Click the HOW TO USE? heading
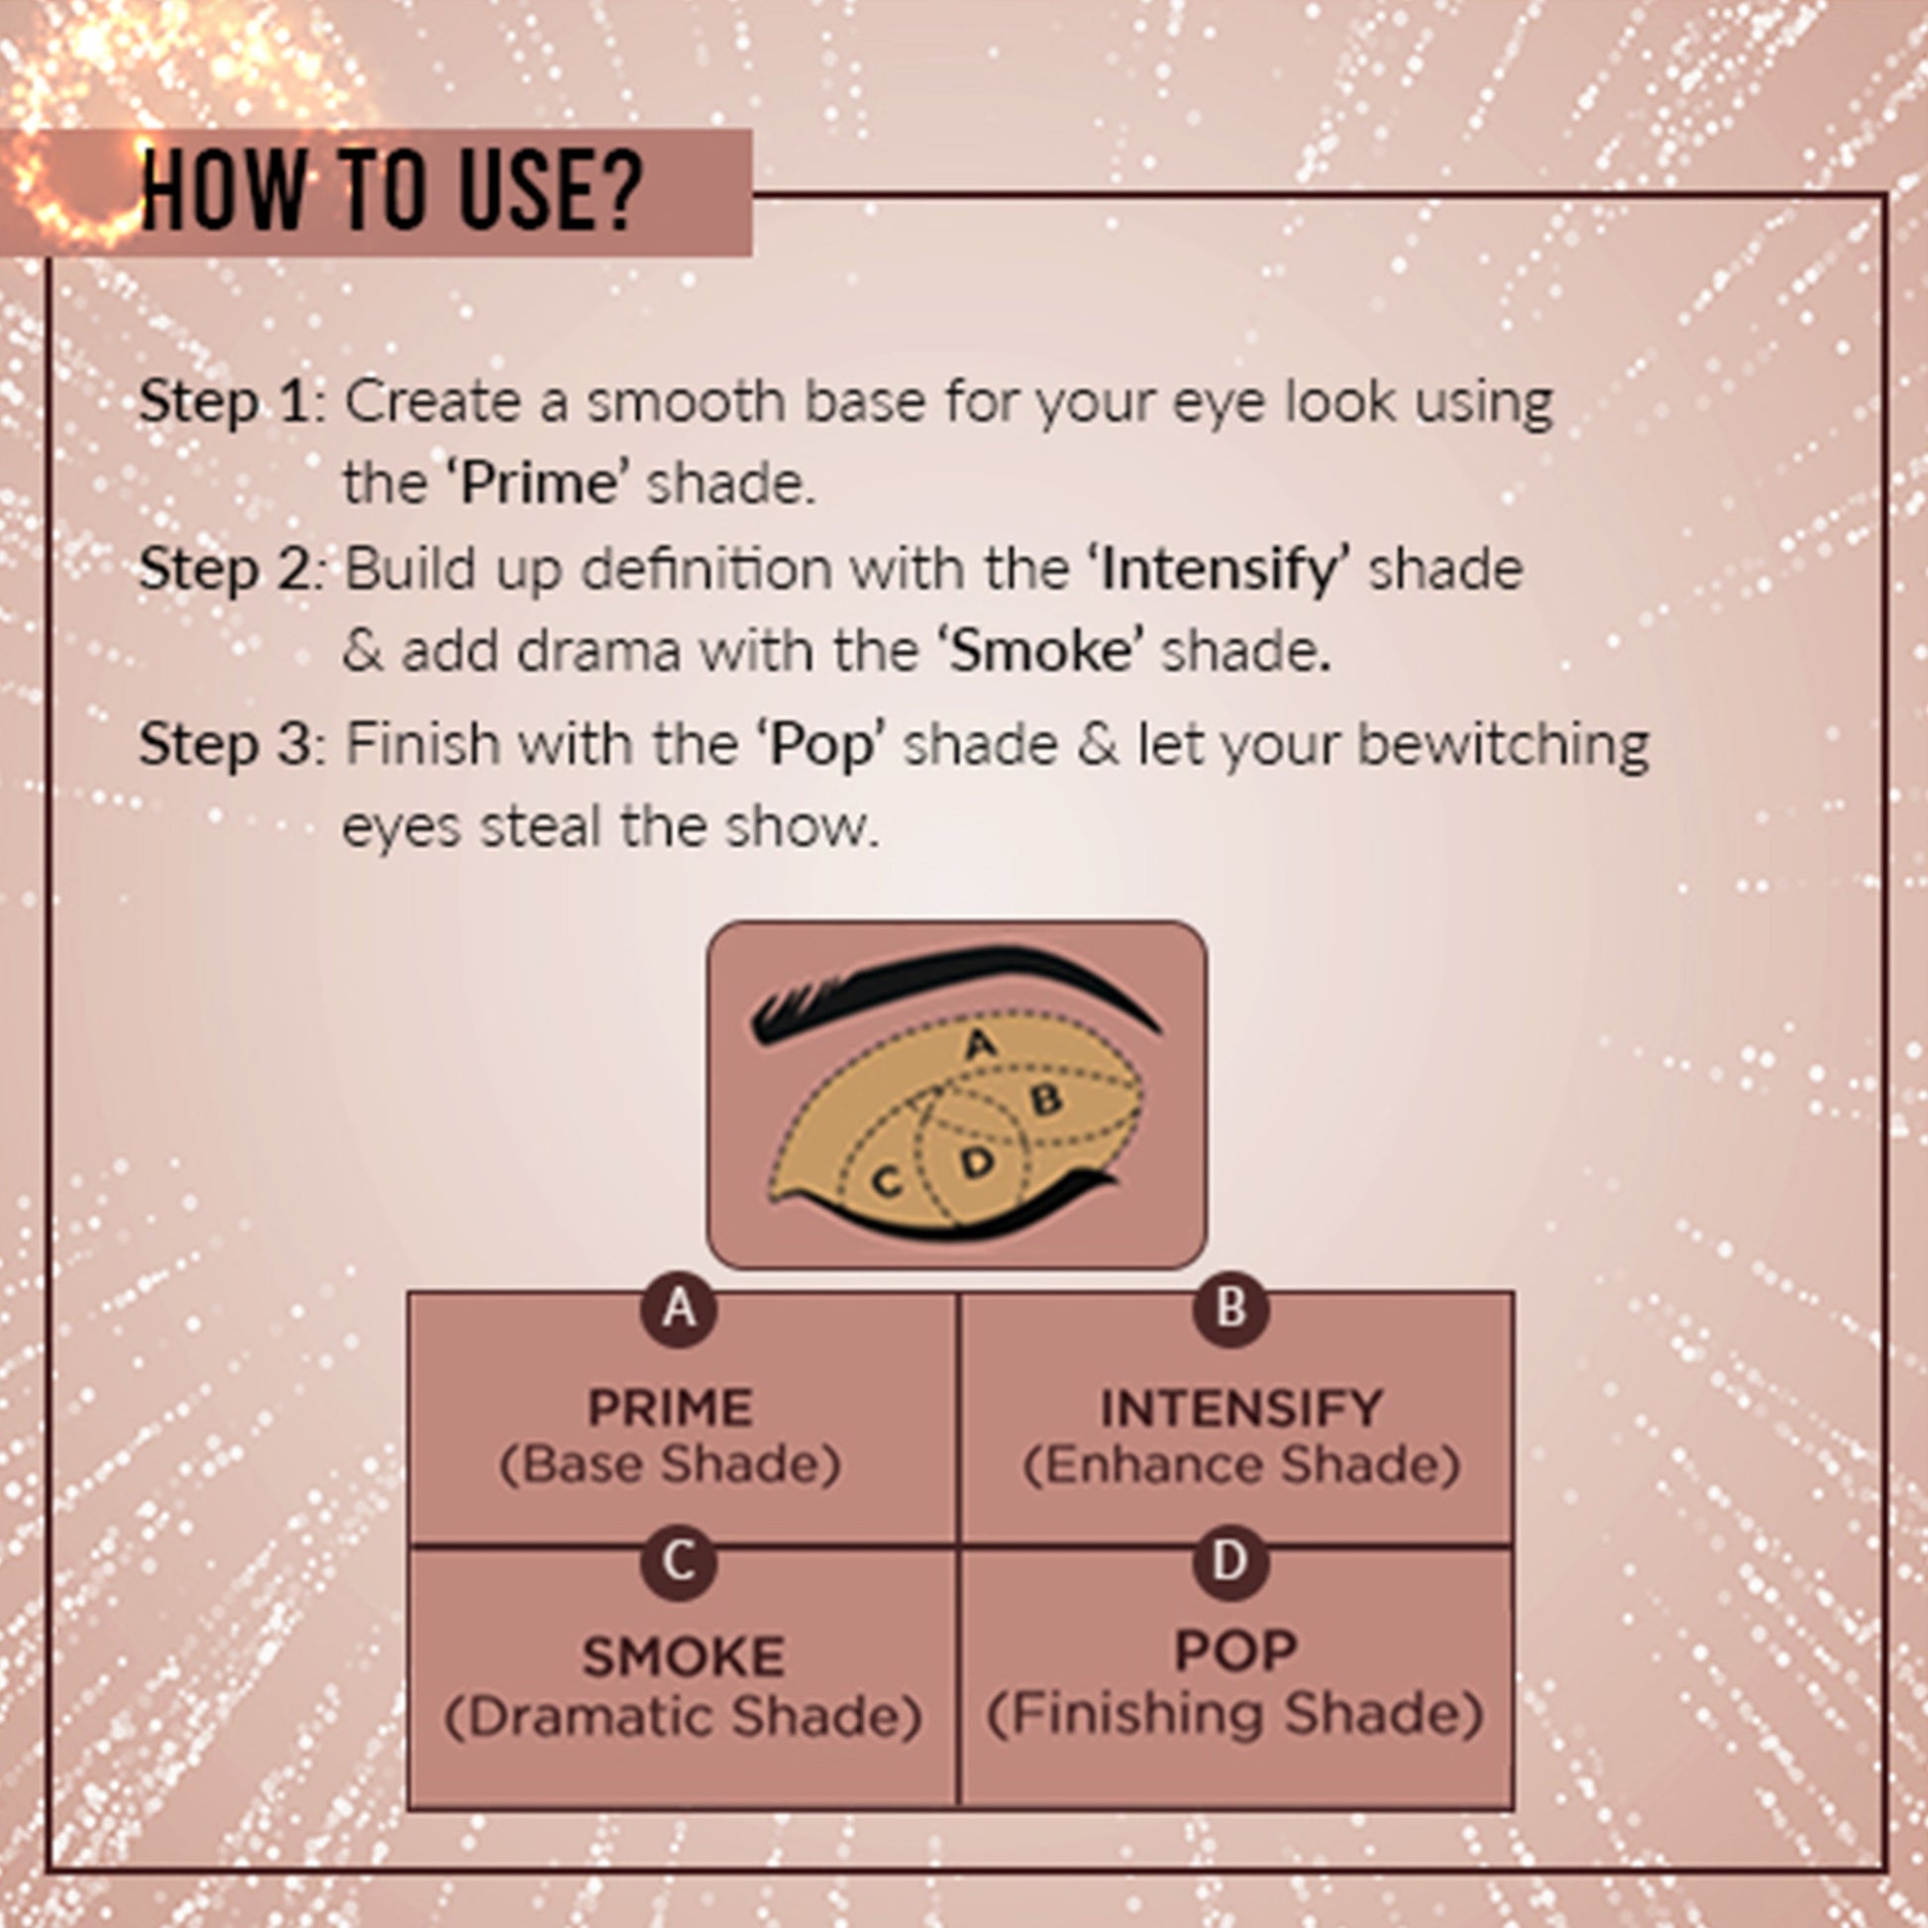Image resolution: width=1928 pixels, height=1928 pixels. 391,189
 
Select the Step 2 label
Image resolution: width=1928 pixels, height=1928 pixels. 227,570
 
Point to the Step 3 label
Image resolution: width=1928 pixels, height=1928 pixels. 227,744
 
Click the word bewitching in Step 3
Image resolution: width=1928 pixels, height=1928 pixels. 1503,744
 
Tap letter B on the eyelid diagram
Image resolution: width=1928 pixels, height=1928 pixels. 1046,1101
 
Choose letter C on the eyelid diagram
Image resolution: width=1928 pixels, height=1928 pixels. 886,1182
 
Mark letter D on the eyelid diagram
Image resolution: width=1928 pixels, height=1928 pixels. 978,1162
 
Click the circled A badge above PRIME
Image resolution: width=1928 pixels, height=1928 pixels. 679,1308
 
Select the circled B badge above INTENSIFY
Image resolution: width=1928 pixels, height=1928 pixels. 1231,1308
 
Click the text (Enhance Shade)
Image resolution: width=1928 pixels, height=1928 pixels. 1240,1466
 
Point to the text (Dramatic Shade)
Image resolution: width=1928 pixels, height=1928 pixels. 683,1717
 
